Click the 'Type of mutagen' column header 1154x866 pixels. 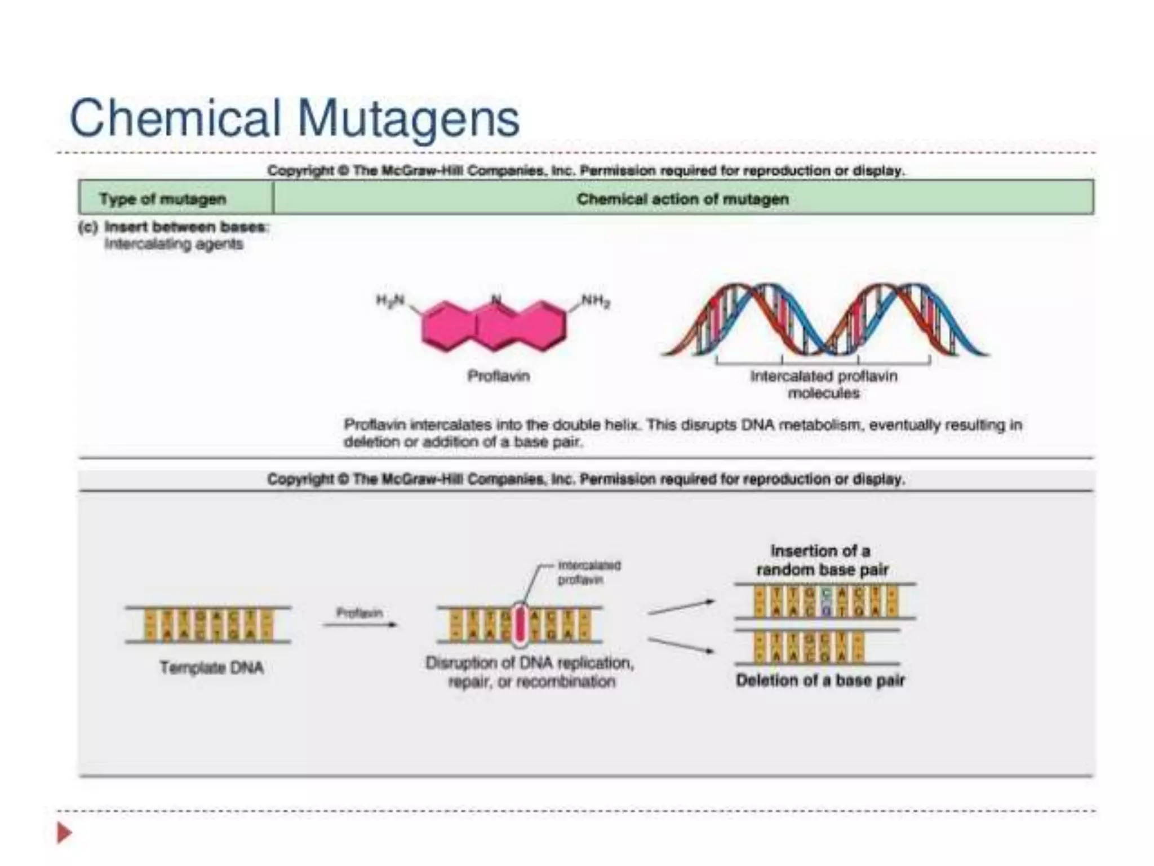[x=163, y=199]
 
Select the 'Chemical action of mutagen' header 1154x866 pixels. [x=682, y=199]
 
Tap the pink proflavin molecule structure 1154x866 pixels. [x=494, y=326]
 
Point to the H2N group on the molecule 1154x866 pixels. [x=390, y=301]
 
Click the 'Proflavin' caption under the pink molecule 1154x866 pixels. [x=499, y=376]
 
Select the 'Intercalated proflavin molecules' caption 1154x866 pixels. [x=823, y=384]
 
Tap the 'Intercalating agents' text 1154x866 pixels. [x=174, y=244]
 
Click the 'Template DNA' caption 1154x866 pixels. [x=211, y=668]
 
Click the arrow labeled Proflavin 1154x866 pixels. [x=359, y=624]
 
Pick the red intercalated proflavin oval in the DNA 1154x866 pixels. [x=520, y=624]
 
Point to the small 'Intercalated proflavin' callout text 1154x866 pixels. [x=588, y=572]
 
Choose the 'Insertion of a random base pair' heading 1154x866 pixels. [x=822, y=560]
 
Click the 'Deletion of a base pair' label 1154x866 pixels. [x=820, y=681]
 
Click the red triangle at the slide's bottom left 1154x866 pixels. [x=64, y=833]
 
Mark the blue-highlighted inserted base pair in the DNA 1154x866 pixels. [x=826, y=602]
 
